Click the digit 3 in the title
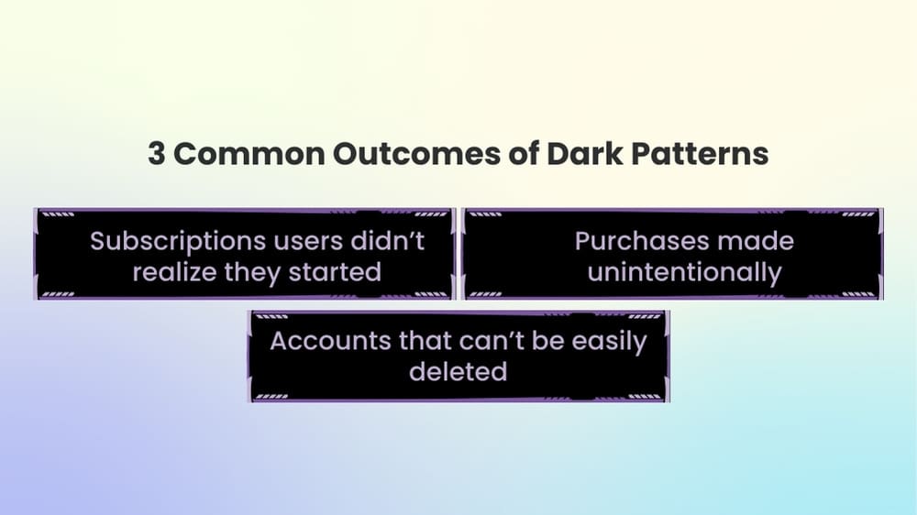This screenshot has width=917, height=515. pyautogui.click(x=157, y=154)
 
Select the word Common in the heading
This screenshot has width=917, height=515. pyautogui.click(x=249, y=154)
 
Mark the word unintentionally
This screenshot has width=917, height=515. pyautogui.click(x=684, y=272)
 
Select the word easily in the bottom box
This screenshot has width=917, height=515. pyautogui.click(x=610, y=342)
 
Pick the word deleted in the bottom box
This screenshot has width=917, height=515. pyautogui.click(x=458, y=371)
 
